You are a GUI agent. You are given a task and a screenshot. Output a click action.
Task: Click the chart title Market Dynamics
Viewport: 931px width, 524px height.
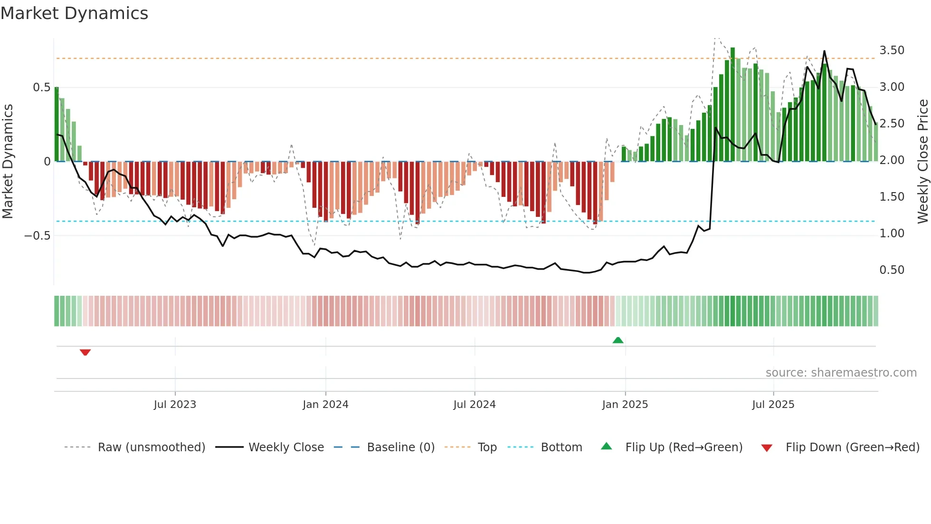click(75, 13)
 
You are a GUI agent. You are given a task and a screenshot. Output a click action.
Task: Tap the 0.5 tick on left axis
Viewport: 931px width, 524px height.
click(41, 87)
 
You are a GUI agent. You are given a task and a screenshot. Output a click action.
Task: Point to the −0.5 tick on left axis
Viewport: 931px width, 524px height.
click(38, 236)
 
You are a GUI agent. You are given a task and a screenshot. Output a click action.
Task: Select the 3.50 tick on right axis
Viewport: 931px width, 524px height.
click(892, 50)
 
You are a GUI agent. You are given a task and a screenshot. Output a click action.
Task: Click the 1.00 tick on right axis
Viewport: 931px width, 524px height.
click(892, 233)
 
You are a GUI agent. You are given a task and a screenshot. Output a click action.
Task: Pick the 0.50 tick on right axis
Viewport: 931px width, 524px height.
click(892, 270)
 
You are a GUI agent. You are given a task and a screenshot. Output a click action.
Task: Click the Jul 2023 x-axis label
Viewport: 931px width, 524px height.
click(175, 405)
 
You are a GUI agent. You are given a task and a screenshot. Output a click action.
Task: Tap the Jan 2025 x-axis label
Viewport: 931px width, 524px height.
click(625, 405)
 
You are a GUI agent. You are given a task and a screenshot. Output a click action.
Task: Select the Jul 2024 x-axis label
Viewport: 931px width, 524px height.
click(474, 405)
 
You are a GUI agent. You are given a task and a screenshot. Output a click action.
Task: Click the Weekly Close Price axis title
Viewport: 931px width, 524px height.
click(922, 161)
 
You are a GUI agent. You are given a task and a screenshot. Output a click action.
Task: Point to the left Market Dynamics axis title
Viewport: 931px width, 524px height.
click(8, 161)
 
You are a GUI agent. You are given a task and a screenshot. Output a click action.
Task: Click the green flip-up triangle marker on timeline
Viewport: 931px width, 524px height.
click(618, 340)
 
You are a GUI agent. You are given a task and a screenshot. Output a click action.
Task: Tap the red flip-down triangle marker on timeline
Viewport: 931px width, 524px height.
click(85, 352)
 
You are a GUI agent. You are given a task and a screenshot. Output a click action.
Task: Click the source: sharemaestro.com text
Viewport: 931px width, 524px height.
click(841, 373)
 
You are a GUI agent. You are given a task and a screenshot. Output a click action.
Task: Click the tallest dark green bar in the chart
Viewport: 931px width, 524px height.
click(732, 105)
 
